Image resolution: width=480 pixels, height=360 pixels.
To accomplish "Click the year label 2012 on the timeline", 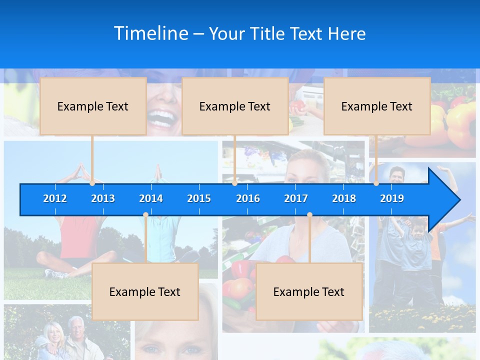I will click(55, 198).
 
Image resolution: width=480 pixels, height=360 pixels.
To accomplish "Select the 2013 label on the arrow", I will click(103, 198).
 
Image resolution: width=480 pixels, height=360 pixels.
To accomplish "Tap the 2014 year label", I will click(151, 198).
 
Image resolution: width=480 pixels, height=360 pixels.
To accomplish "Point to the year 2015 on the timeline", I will click(199, 198).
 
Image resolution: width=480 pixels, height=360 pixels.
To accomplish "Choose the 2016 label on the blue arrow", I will click(248, 198).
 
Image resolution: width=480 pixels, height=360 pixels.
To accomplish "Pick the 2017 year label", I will click(296, 198).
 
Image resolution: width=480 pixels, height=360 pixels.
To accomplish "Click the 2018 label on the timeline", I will click(344, 198).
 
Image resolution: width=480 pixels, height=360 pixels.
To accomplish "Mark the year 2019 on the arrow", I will click(392, 198).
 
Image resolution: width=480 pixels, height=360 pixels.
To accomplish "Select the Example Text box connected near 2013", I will click(93, 106).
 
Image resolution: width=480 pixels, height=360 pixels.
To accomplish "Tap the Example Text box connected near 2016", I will click(235, 106).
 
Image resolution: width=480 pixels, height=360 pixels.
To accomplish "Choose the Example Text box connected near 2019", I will click(377, 106).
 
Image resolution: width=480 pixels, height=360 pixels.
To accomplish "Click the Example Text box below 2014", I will click(145, 291).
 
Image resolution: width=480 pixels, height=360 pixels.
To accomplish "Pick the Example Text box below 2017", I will click(309, 291).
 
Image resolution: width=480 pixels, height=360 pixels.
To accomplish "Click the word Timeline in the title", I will click(150, 33).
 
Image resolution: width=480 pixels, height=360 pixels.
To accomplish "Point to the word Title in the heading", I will click(269, 34).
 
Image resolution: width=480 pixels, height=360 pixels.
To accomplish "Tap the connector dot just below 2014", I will click(145, 215).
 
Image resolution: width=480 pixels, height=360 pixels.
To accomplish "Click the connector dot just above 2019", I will click(376, 183).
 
